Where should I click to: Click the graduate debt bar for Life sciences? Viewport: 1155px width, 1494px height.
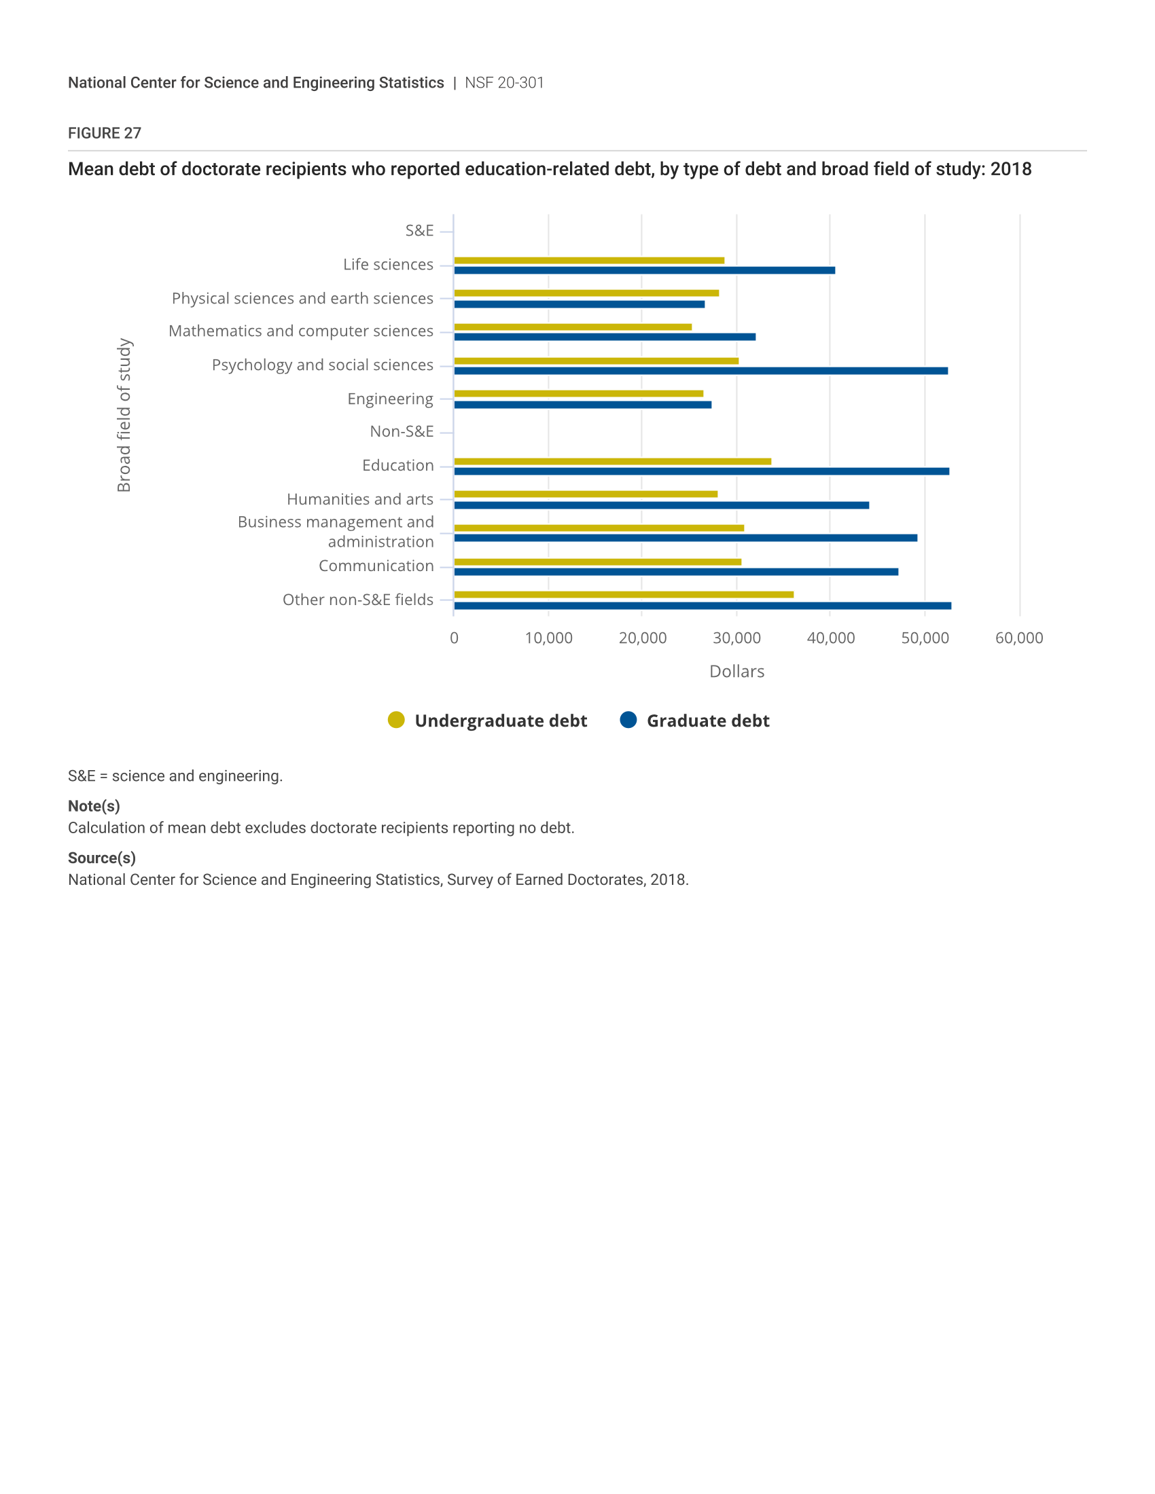pyautogui.click(x=644, y=270)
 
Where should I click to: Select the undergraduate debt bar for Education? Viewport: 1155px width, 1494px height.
pyautogui.click(x=612, y=462)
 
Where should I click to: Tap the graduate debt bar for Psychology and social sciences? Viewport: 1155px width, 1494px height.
pyautogui.click(x=700, y=371)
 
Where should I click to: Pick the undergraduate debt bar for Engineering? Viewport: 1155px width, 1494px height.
pyautogui.click(x=578, y=393)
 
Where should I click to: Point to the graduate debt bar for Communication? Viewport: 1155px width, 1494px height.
pyautogui.click(x=676, y=572)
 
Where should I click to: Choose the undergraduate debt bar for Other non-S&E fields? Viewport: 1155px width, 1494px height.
pyautogui.click(x=623, y=594)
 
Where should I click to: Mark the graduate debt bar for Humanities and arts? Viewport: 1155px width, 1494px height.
pyautogui.click(x=661, y=505)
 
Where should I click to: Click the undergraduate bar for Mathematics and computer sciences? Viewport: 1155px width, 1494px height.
pyautogui.click(x=573, y=327)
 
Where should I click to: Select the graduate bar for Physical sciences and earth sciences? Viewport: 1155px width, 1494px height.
pyautogui.click(x=579, y=304)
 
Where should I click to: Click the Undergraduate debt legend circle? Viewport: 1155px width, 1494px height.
pyautogui.click(x=396, y=720)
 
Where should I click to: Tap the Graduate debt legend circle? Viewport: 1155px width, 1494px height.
pyautogui.click(x=628, y=720)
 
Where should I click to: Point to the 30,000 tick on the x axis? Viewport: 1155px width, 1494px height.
pyautogui.click(x=736, y=638)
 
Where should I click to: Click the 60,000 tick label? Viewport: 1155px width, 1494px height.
pyautogui.click(x=1019, y=638)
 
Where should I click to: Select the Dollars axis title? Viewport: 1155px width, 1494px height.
pyautogui.click(x=736, y=671)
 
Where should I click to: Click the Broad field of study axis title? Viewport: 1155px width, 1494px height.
pyautogui.click(x=124, y=414)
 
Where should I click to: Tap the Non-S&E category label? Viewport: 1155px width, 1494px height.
pyautogui.click(x=402, y=432)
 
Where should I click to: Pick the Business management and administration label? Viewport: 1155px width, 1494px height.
pyautogui.click(x=336, y=532)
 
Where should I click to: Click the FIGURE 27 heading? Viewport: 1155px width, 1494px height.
pyautogui.click(x=105, y=133)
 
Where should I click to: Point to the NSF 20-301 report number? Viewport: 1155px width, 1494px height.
pyautogui.click(x=504, y=83)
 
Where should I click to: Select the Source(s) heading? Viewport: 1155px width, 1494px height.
pyautogui.click(x=102, y=858)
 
